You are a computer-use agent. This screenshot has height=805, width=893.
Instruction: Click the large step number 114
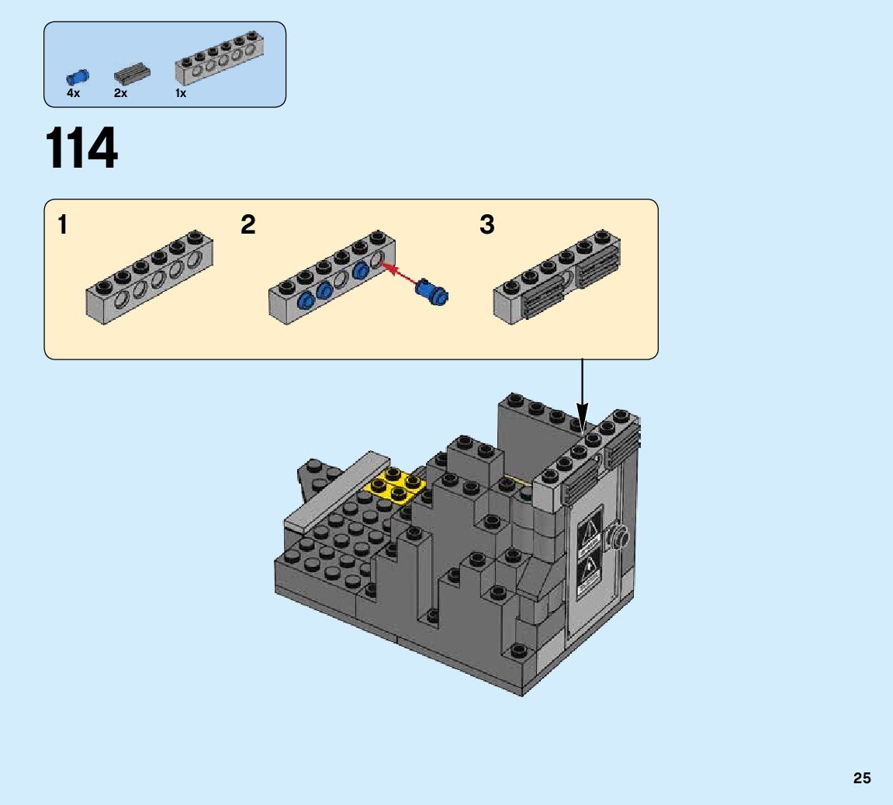[82, 149]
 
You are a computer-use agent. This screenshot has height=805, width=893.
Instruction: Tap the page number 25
[862, 778]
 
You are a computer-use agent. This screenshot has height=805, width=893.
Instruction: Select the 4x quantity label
[73, 93]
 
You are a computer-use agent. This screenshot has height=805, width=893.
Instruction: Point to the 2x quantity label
[120, 93]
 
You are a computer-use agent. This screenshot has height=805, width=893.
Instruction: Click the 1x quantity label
[181, 93]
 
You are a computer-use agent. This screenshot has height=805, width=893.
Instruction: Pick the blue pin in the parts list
[78, 76]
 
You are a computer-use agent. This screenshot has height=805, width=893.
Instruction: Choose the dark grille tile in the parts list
[132, 75]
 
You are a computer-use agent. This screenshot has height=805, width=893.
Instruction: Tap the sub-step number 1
[63, 225]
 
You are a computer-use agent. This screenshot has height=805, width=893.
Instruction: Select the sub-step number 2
[248, 225]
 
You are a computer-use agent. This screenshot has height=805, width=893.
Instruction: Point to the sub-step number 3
[486, 225]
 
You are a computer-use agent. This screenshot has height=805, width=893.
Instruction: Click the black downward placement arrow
[582, 396]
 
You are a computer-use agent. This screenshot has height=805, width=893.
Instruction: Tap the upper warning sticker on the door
[589, 533]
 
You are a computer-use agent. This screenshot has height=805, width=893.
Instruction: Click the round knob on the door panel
[619, 534]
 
